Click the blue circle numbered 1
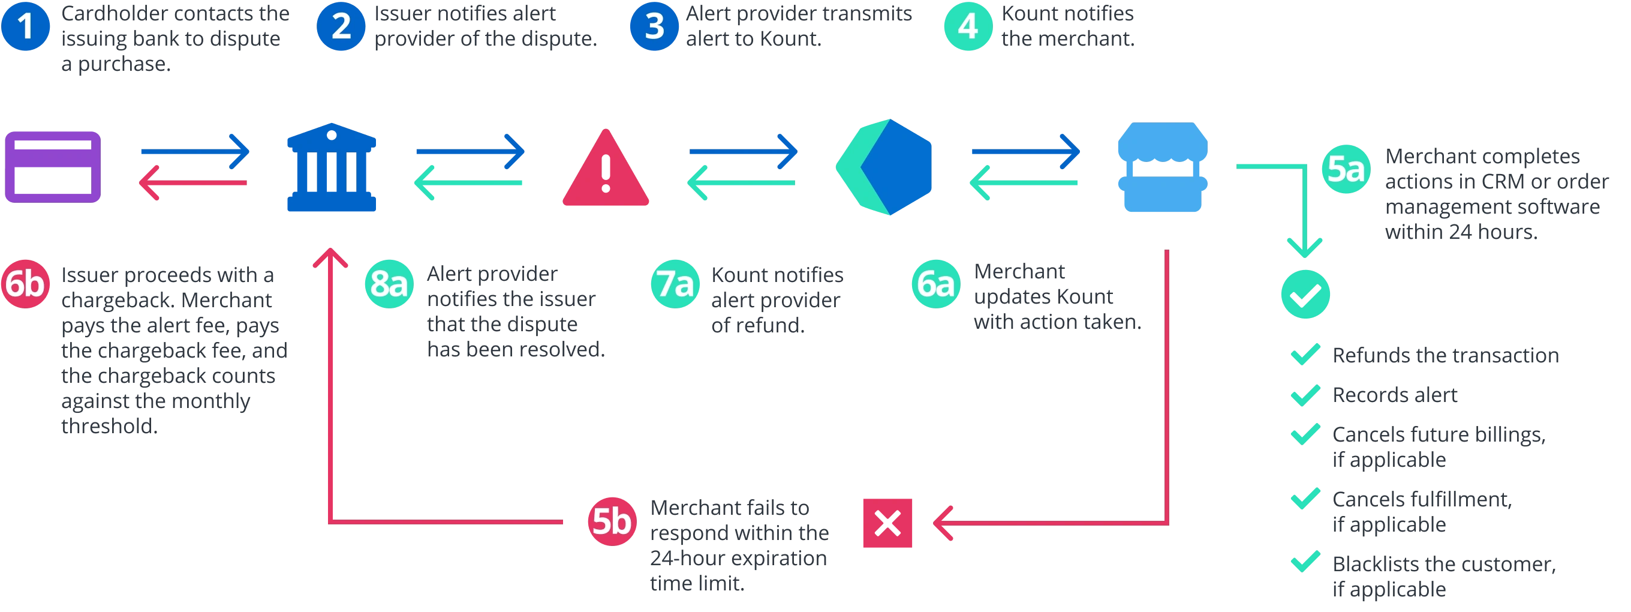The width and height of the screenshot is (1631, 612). click(25, 26)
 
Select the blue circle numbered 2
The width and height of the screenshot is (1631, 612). click(341, 26)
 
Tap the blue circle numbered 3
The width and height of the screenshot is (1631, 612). click(654, 26)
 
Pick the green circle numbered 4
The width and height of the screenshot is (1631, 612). click(967, 26)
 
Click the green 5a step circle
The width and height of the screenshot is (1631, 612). click(1346, 169)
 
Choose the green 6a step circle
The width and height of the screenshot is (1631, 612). click(936, 283)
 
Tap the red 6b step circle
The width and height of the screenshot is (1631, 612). click(25, 283)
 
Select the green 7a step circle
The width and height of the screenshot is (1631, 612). click(675, 283)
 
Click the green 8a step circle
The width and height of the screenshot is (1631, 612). click(389, 283)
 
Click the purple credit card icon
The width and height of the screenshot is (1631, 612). click(53, 168)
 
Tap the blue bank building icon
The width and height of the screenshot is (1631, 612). click(331, 168)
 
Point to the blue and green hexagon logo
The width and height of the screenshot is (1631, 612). click(886, 166)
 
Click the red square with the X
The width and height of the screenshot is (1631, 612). click(887, 523)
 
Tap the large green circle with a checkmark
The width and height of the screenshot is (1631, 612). click(1305, 295)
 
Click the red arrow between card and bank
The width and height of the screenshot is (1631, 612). click(194, 183)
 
